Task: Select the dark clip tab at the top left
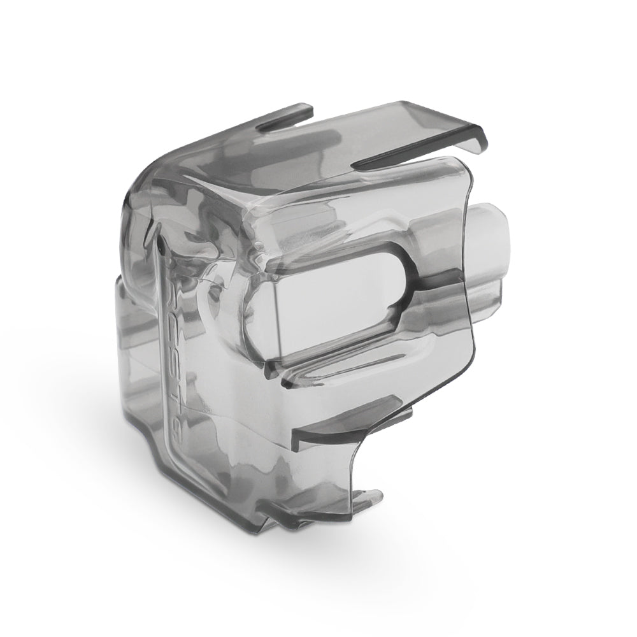click(x=287, y=115)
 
